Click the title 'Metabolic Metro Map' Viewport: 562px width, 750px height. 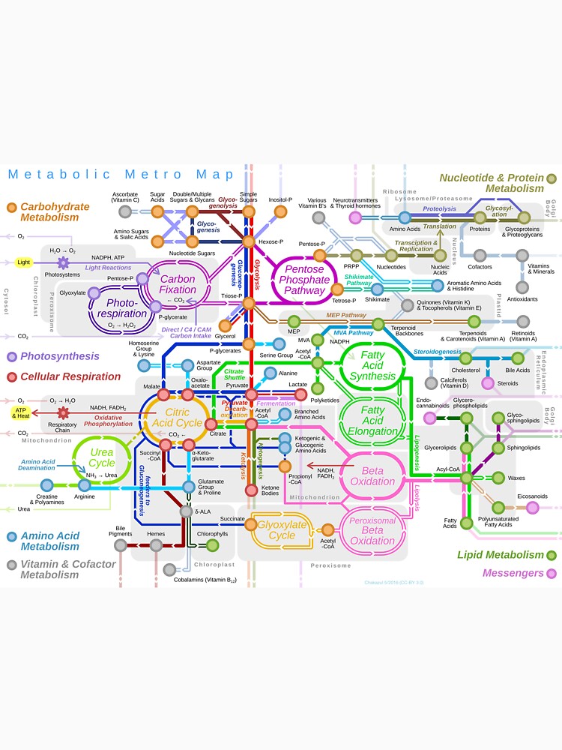pyautogui.click(x=121, y=174)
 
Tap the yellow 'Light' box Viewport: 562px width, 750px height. pyautogui.click(x=24, y=262)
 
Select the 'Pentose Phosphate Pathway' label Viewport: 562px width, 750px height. pyautogui.click(x=305, y=280)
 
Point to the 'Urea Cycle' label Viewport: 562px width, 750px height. pyautogui.click(x=102, y=457)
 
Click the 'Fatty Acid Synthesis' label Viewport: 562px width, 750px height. pyautogui.click(x=372, y=365)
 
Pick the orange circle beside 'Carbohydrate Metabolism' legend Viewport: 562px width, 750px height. pyautogui.click(x=11, y=207)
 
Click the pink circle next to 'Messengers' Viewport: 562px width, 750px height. pyautogui.click(x=552, y=574)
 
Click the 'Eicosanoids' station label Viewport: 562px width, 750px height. pyautogui.click(x=532, y=496)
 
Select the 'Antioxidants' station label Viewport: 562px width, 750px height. pyautogui.click(x=522, y=298)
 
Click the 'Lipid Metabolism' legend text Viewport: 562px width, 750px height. pyautogui.click(x=500, y=555)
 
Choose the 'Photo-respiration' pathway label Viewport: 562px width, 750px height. pyautogui.click(x=121, y=308)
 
